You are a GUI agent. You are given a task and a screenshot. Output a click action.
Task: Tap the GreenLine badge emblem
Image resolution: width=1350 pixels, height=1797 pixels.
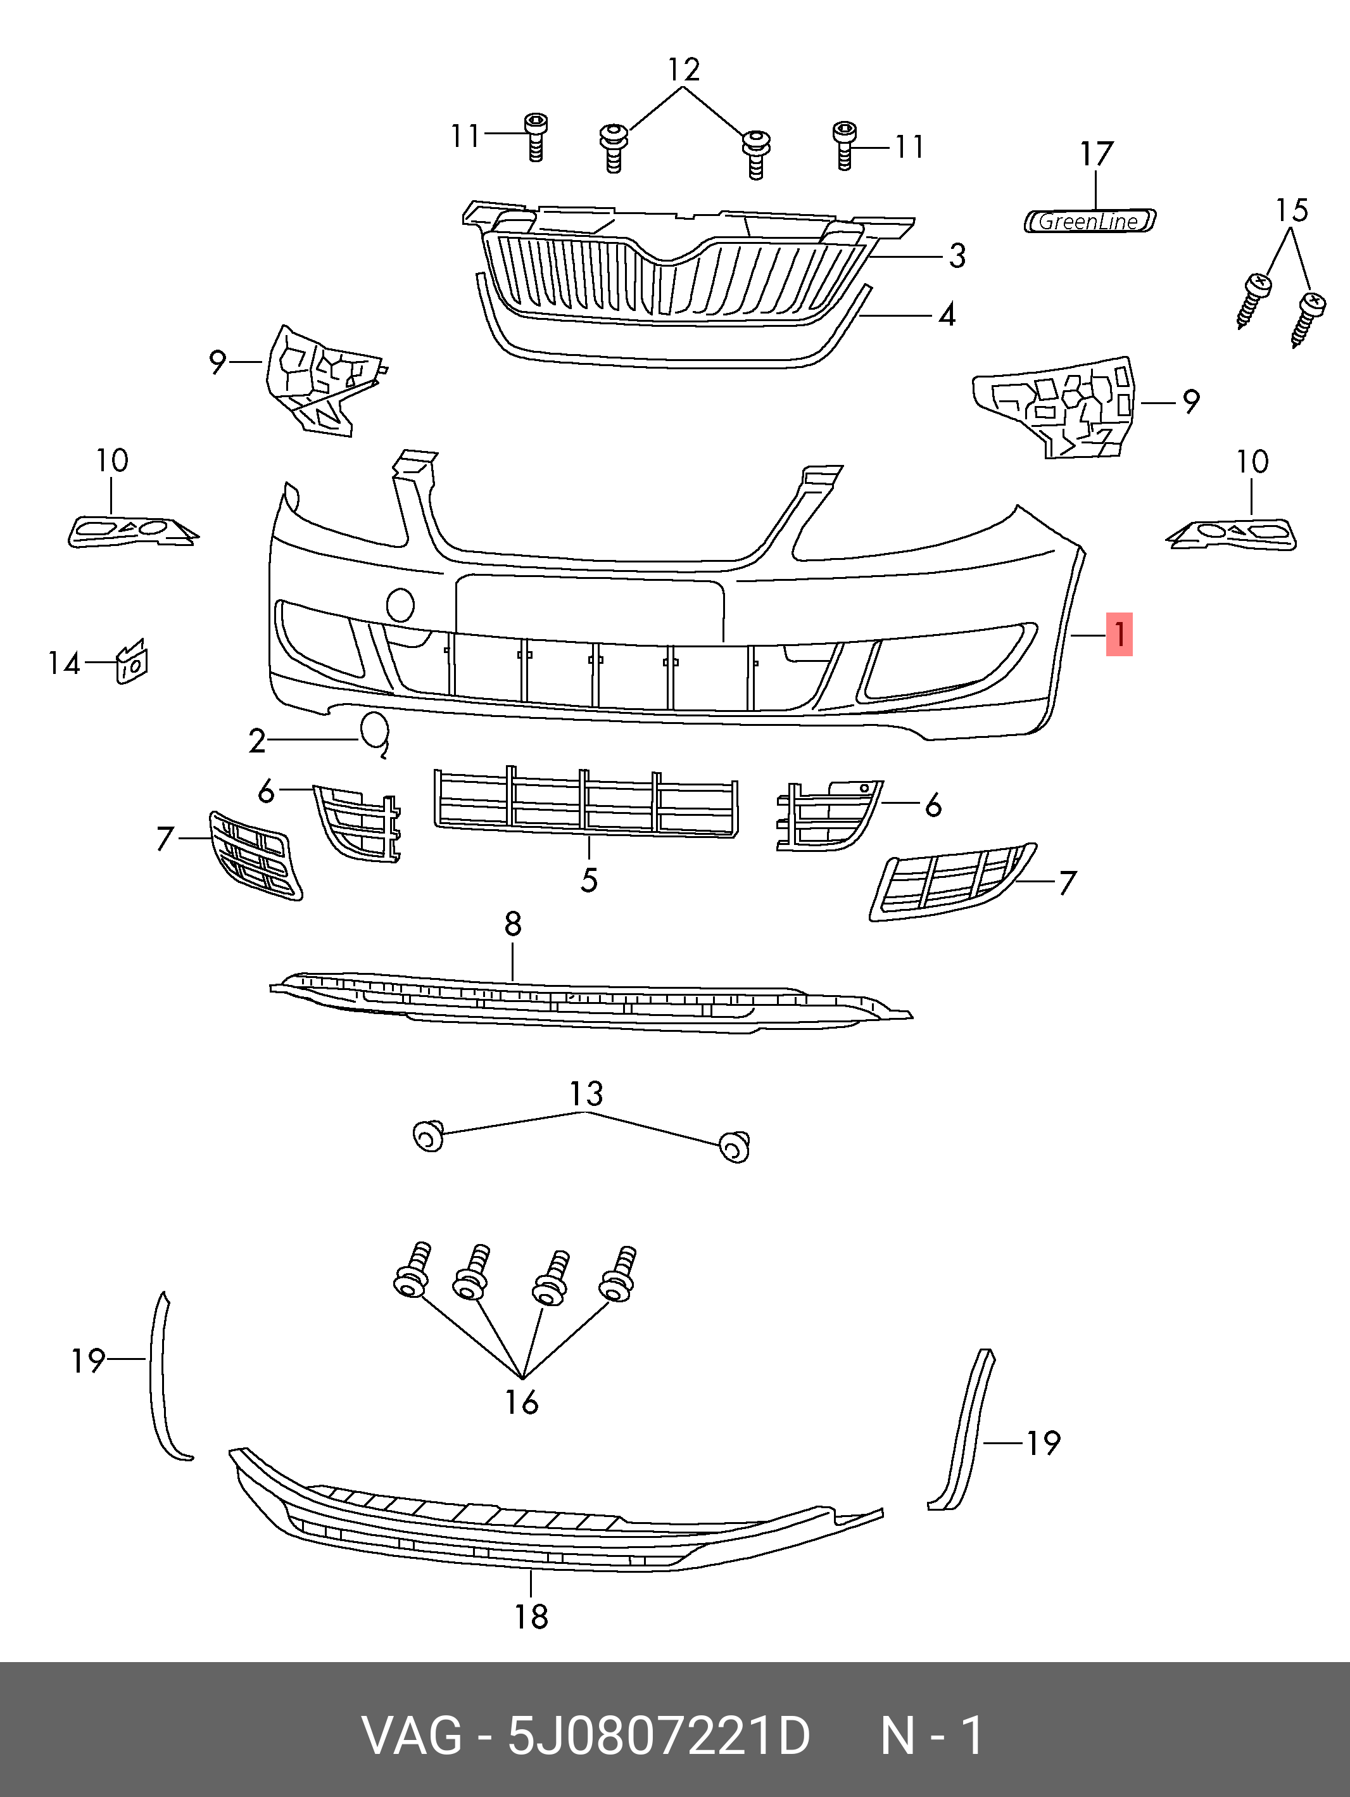1089,221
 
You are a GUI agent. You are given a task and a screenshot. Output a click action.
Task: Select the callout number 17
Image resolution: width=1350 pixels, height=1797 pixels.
1095,153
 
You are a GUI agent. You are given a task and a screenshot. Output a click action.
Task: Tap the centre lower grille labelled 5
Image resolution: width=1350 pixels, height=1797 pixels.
586,801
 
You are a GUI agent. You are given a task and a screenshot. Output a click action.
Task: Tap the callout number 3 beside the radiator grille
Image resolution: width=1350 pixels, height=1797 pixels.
957,256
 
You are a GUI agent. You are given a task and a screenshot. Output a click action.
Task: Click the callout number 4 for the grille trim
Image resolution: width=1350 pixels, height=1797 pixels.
946,314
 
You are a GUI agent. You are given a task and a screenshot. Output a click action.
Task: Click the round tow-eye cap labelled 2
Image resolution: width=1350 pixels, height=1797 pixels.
374,728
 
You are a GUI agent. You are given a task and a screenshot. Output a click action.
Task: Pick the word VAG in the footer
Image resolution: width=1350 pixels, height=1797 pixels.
412,1736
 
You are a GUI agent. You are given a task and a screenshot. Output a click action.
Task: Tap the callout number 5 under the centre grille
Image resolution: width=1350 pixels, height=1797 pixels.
589,880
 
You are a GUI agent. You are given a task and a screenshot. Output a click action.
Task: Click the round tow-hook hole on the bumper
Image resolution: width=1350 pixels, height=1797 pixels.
400,605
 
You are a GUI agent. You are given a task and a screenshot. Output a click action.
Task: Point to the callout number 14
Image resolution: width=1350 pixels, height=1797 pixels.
64,663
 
